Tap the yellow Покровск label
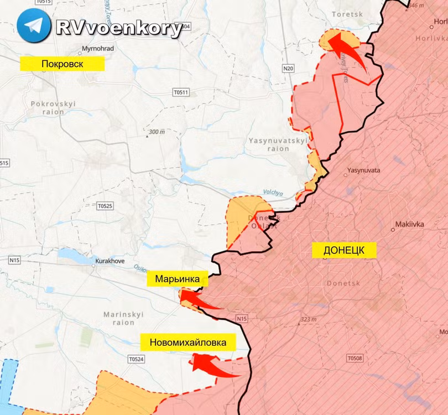62,64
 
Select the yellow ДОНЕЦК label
343,250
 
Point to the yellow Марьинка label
177,279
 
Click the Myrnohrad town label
97,49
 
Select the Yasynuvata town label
363,170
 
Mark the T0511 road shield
181,92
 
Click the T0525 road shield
105,206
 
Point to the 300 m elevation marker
157,133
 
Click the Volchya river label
273,193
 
